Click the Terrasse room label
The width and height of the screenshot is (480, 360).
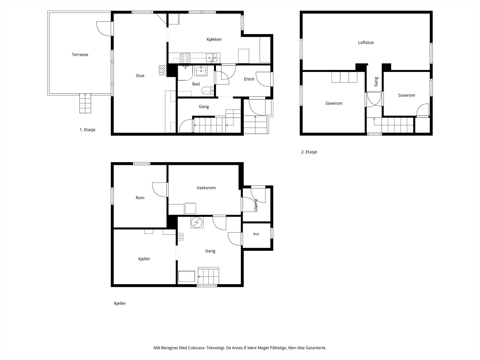(x=80, y=55)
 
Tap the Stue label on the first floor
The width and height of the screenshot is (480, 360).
(x=140, y=76)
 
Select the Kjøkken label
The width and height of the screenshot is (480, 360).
(x=214, y=39)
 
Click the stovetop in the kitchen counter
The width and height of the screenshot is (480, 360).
(x=185, y=58)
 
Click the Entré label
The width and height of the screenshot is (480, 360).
(x=249, y=79)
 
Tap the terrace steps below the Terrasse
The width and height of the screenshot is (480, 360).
(x=85, y=103)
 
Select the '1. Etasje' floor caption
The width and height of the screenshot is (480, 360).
(x=88, y=130)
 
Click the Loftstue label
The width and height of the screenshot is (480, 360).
(x=366, y=42)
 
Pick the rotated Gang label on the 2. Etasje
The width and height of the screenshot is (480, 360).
(x=376, y=82)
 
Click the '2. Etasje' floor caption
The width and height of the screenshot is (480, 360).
(x=309, y=152)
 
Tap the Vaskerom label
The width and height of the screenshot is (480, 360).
(x=206, y=188)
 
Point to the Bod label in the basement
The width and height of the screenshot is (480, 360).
(x=256, y=234)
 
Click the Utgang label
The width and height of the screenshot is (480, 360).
(x=255, y=205)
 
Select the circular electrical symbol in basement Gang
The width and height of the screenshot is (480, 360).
(x=197, y=223)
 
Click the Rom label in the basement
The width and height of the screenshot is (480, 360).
(x=140, y=198)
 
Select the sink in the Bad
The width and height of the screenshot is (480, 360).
(x=201, y=70)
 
